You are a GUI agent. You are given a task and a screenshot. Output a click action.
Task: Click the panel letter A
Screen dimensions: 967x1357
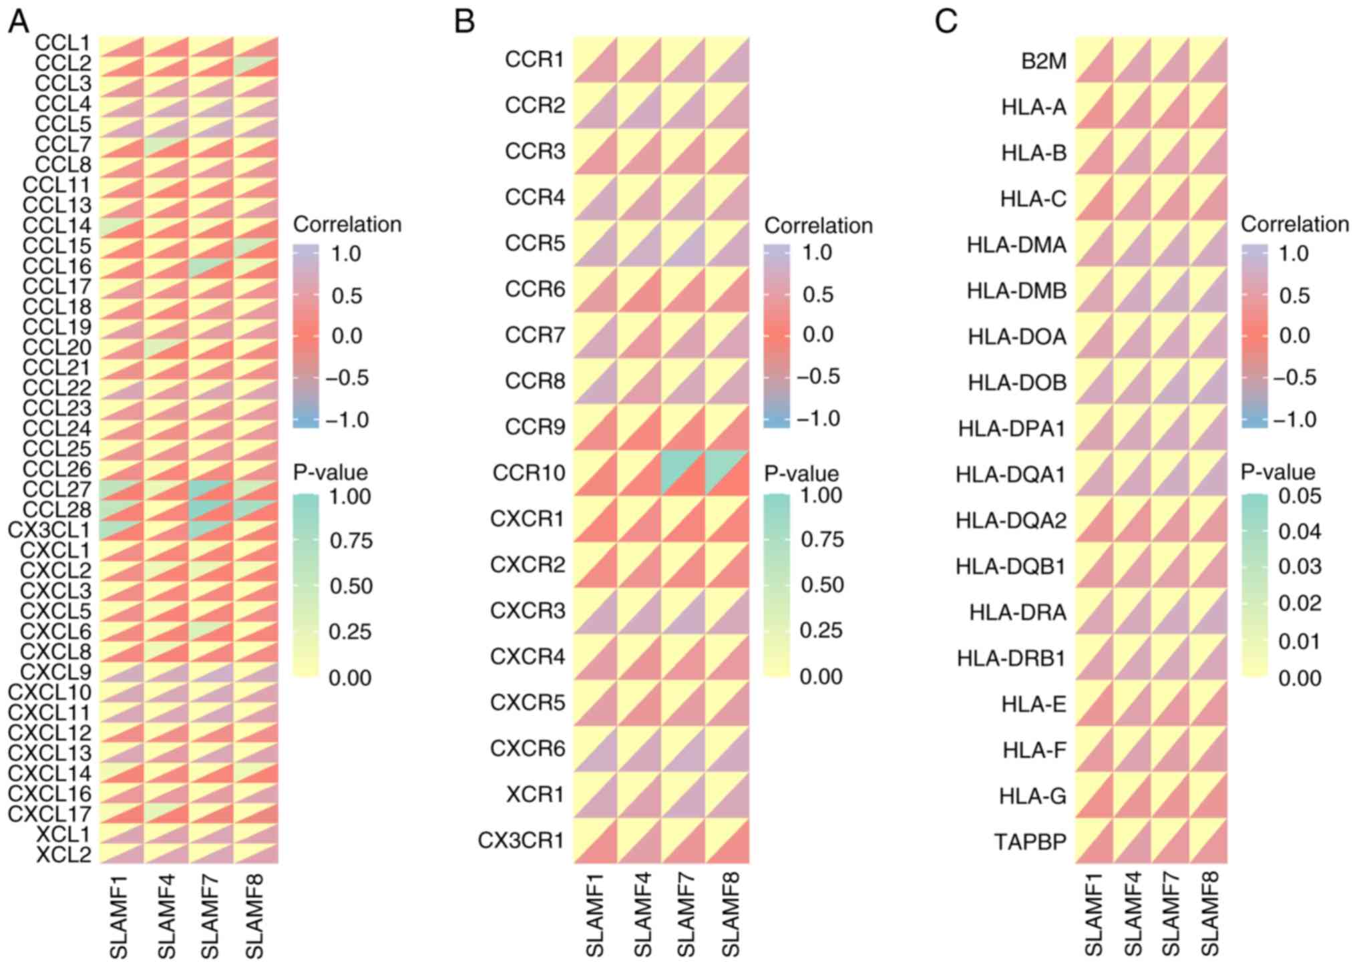(x=19, y=21)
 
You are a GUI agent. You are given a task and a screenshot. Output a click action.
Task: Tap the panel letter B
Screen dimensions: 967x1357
(x=464, y=21)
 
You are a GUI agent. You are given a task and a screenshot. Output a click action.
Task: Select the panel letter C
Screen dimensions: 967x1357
(x=946, y=21)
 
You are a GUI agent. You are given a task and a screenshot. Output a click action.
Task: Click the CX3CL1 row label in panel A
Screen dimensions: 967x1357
(x=49, y=530)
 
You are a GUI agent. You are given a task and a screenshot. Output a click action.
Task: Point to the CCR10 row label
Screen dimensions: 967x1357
(x=528, y=473)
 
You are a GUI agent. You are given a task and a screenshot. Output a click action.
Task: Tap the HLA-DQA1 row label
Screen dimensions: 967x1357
(x=1010, y=475)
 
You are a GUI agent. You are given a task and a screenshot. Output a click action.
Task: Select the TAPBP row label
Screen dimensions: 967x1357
(x=1030, y=842)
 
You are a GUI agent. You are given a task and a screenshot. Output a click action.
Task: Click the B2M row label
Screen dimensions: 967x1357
(x=1044, y=61)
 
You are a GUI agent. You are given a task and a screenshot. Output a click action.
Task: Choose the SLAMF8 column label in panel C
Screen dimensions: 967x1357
(x=1209, y=913)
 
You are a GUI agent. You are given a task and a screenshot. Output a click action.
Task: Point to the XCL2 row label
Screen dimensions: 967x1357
(x=63, y=854)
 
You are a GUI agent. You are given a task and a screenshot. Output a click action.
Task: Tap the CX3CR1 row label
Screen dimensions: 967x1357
(x=521, y=840)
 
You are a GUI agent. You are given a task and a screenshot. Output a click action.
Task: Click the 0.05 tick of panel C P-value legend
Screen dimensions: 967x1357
(x=1299, y=496)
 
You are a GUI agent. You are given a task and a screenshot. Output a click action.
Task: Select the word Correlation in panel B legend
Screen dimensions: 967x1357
(x=818, y=226)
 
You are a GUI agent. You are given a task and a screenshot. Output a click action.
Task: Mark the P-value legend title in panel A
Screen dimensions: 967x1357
(x=330, y=472)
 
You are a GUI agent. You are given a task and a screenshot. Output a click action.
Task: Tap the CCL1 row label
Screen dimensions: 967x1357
(x=62, y=43)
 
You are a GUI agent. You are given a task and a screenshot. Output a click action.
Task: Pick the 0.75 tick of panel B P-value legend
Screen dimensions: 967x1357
(x=821, y=540)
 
